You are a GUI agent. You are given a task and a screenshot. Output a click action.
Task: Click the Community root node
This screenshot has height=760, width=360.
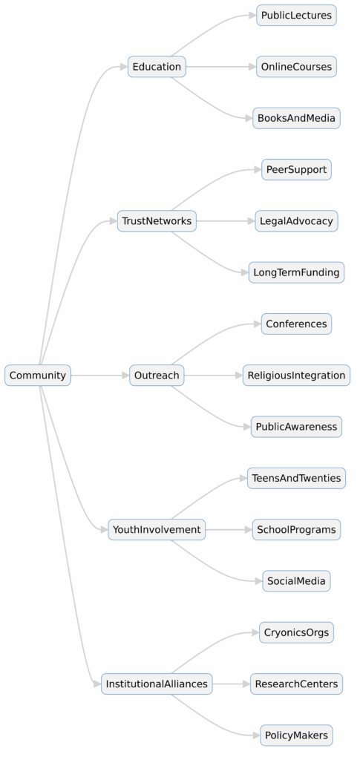point(38,376)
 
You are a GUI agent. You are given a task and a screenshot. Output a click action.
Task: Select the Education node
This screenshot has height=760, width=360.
point(157,67)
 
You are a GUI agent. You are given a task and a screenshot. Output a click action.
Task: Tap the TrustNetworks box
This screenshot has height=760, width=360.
point(157,221)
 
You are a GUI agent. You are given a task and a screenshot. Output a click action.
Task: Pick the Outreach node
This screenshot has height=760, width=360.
point(157,376)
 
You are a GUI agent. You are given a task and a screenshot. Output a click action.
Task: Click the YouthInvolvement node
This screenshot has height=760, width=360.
point(157,530)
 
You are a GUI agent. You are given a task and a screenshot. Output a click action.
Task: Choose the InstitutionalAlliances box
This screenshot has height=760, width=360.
point(157,684)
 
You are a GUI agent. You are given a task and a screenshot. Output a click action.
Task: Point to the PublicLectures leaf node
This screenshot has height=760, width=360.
point(296,16)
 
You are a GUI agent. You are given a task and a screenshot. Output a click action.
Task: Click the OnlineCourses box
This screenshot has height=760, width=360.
point(296,67)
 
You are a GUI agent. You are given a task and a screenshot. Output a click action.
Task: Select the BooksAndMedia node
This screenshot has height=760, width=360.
point(296,118)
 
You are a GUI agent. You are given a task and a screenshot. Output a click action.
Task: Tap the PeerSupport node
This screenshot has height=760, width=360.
point(296,170)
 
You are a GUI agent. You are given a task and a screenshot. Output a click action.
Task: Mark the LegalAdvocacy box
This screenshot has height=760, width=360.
point(296,221)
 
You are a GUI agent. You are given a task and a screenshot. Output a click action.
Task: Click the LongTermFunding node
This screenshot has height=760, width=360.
point(296,272)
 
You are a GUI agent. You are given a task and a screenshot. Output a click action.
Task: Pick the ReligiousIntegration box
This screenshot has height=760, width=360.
point(296,376)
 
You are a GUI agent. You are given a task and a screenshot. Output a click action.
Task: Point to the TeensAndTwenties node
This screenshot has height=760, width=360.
point(296,479)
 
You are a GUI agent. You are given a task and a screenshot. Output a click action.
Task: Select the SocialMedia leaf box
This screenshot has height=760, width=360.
point(296,581)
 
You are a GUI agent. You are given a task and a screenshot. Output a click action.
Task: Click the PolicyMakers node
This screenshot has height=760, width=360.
point(296,736)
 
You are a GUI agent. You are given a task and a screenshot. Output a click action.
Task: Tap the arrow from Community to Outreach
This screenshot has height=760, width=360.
point(100,376)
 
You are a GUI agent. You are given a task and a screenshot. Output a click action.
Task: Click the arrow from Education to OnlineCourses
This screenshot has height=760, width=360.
point(220,67)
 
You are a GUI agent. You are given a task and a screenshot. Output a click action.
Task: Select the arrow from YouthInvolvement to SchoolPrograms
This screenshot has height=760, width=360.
point(229,530)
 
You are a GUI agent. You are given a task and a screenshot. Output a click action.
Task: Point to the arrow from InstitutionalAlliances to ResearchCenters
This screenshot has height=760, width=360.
point(231,684)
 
